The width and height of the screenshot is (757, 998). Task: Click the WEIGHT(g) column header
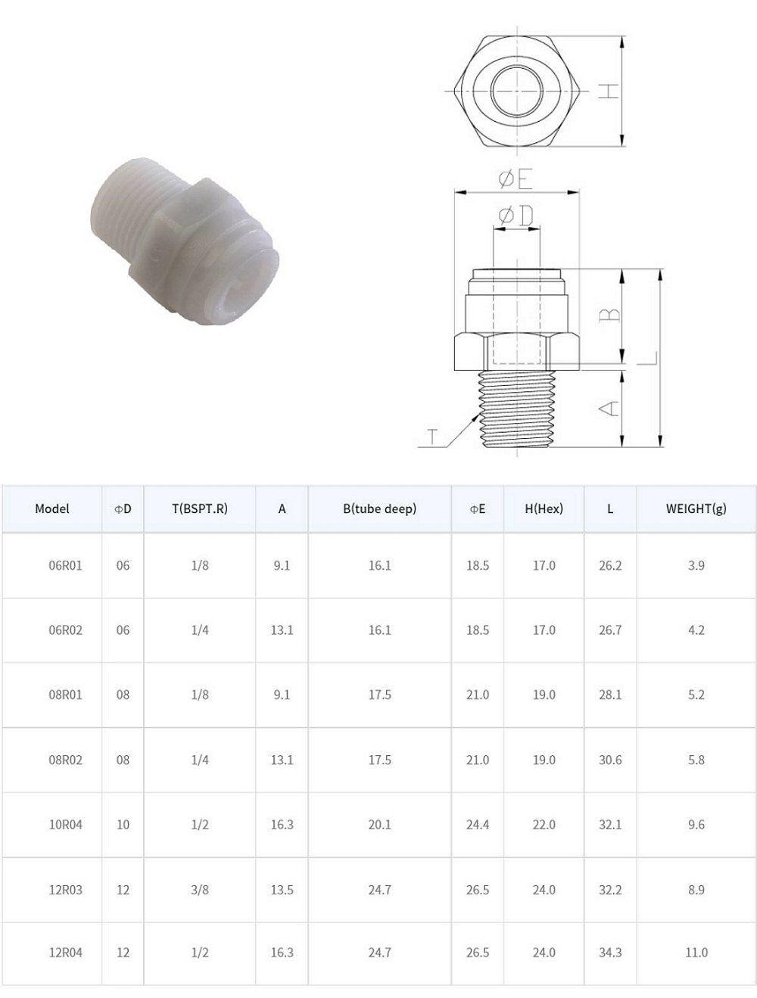tap(696, 508)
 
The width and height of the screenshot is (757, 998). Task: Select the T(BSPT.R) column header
tap(200, 508)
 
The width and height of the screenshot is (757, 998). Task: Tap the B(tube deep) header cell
tap(379, 508)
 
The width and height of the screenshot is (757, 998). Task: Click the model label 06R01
tap(66, 566)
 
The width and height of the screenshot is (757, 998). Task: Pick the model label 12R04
tap(66, 953)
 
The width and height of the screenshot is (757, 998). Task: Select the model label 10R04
tap(66, 824)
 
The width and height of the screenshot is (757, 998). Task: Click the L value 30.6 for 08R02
tap(610, 760)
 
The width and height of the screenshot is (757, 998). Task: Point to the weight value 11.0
tap(696, 953)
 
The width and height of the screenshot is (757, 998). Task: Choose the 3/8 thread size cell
tap(200, 890)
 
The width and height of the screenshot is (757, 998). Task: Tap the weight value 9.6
tap(696, 824)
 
